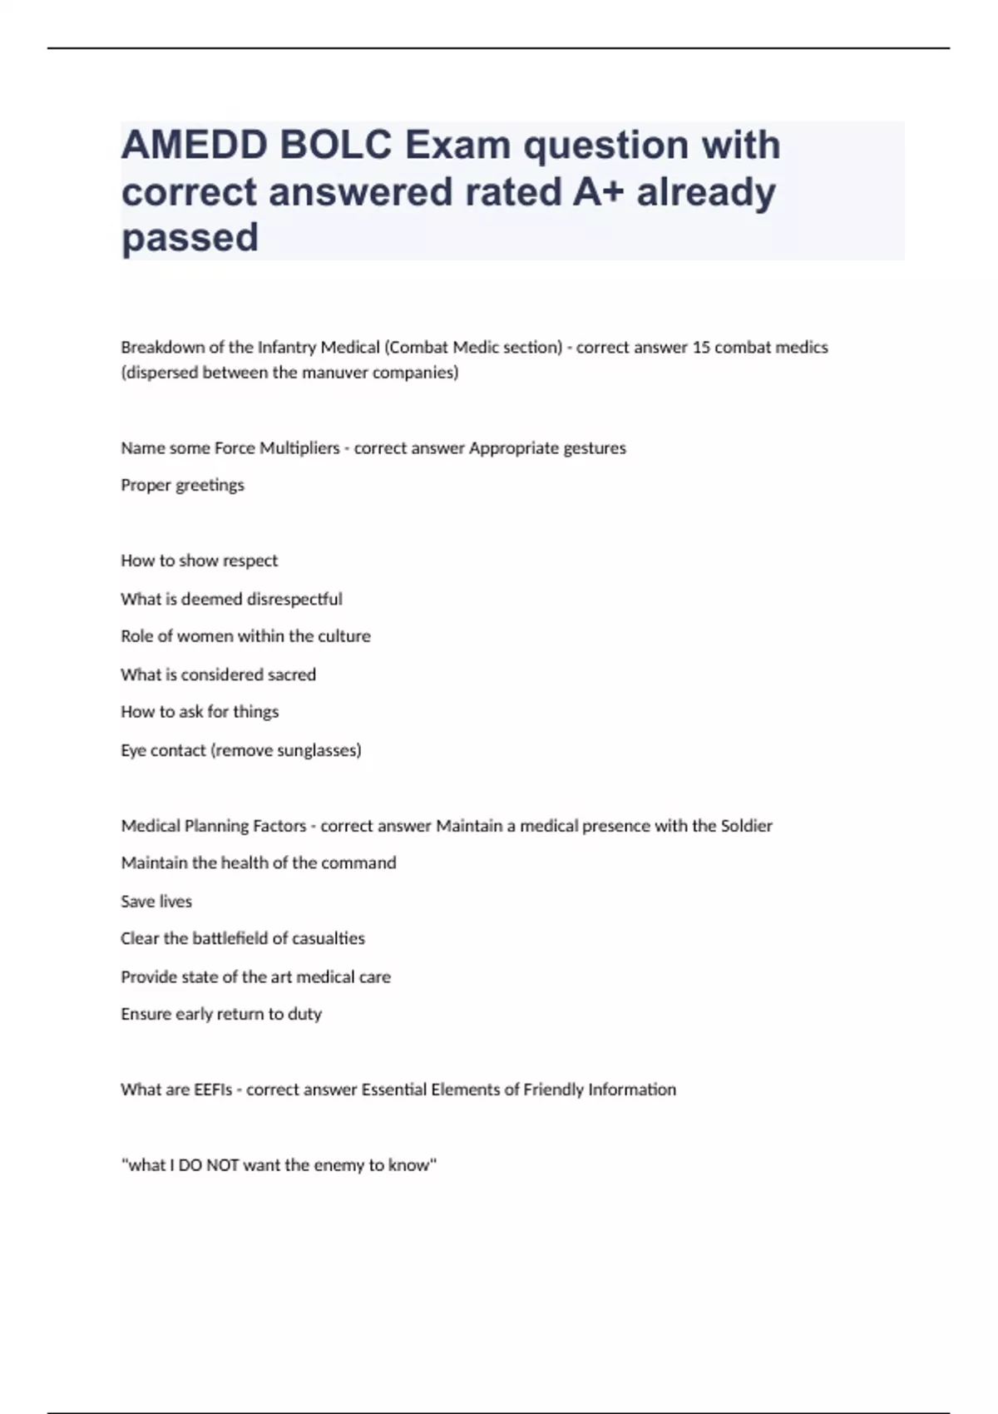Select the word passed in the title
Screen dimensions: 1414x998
[190, 238]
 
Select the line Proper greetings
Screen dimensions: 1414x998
[182, 485]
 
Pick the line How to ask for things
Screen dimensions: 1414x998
[200, 712]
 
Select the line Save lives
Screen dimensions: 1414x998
[156, 902]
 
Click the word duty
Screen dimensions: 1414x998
[304, 1014]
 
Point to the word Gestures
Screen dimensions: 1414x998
[595, 448]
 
